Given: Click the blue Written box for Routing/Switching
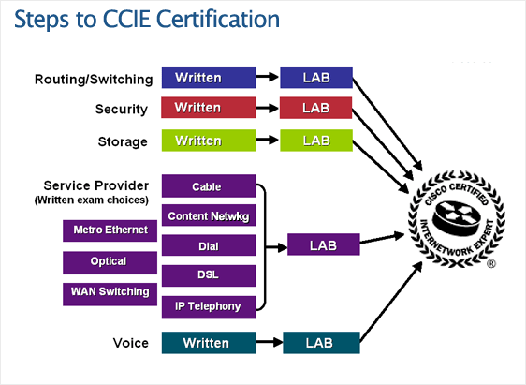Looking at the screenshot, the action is pyautogui.click(x=209, y=78).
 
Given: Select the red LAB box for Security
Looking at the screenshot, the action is pyautogui.click(x=315, y=108).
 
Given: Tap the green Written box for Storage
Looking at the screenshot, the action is pyautogui.click(x=209, y=141).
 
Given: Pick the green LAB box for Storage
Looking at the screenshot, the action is pyautogui.click(x=316, y=141).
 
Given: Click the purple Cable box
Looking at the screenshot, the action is pyautogui.click(x=209, y=186).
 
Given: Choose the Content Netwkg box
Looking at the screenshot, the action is pyautogui.click(x=209, y=215).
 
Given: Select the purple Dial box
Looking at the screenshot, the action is pyautogui.click(x=209, y=245).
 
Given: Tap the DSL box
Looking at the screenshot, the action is pyautogui.click(x=209, y=275).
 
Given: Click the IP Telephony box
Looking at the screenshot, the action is pyautogui.click(x=209, y=307).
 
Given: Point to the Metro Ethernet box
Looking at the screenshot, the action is pyautogui.click(x=110, y=230).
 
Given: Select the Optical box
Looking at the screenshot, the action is pyautogui.click(x=110, y=262).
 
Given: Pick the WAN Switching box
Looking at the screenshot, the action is pyautogui.click(x=110, y=294).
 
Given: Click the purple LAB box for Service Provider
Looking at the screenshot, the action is pyautogui.click(x=324, y=244).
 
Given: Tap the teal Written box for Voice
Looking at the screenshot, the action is pyautogui.click(x=209, y=343).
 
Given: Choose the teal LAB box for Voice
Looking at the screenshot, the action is pyautogui.click(x=321, y=343).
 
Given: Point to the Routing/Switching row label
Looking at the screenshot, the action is pyautogui.click(x=94, y=80).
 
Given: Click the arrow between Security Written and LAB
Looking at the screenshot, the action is pyautogui.click(x=268, y=108).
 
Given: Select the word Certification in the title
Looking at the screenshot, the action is pyautogui.click(x=218, y=19).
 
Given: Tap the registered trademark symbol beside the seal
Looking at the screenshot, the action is pyautogui.click(x=490, y=264).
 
